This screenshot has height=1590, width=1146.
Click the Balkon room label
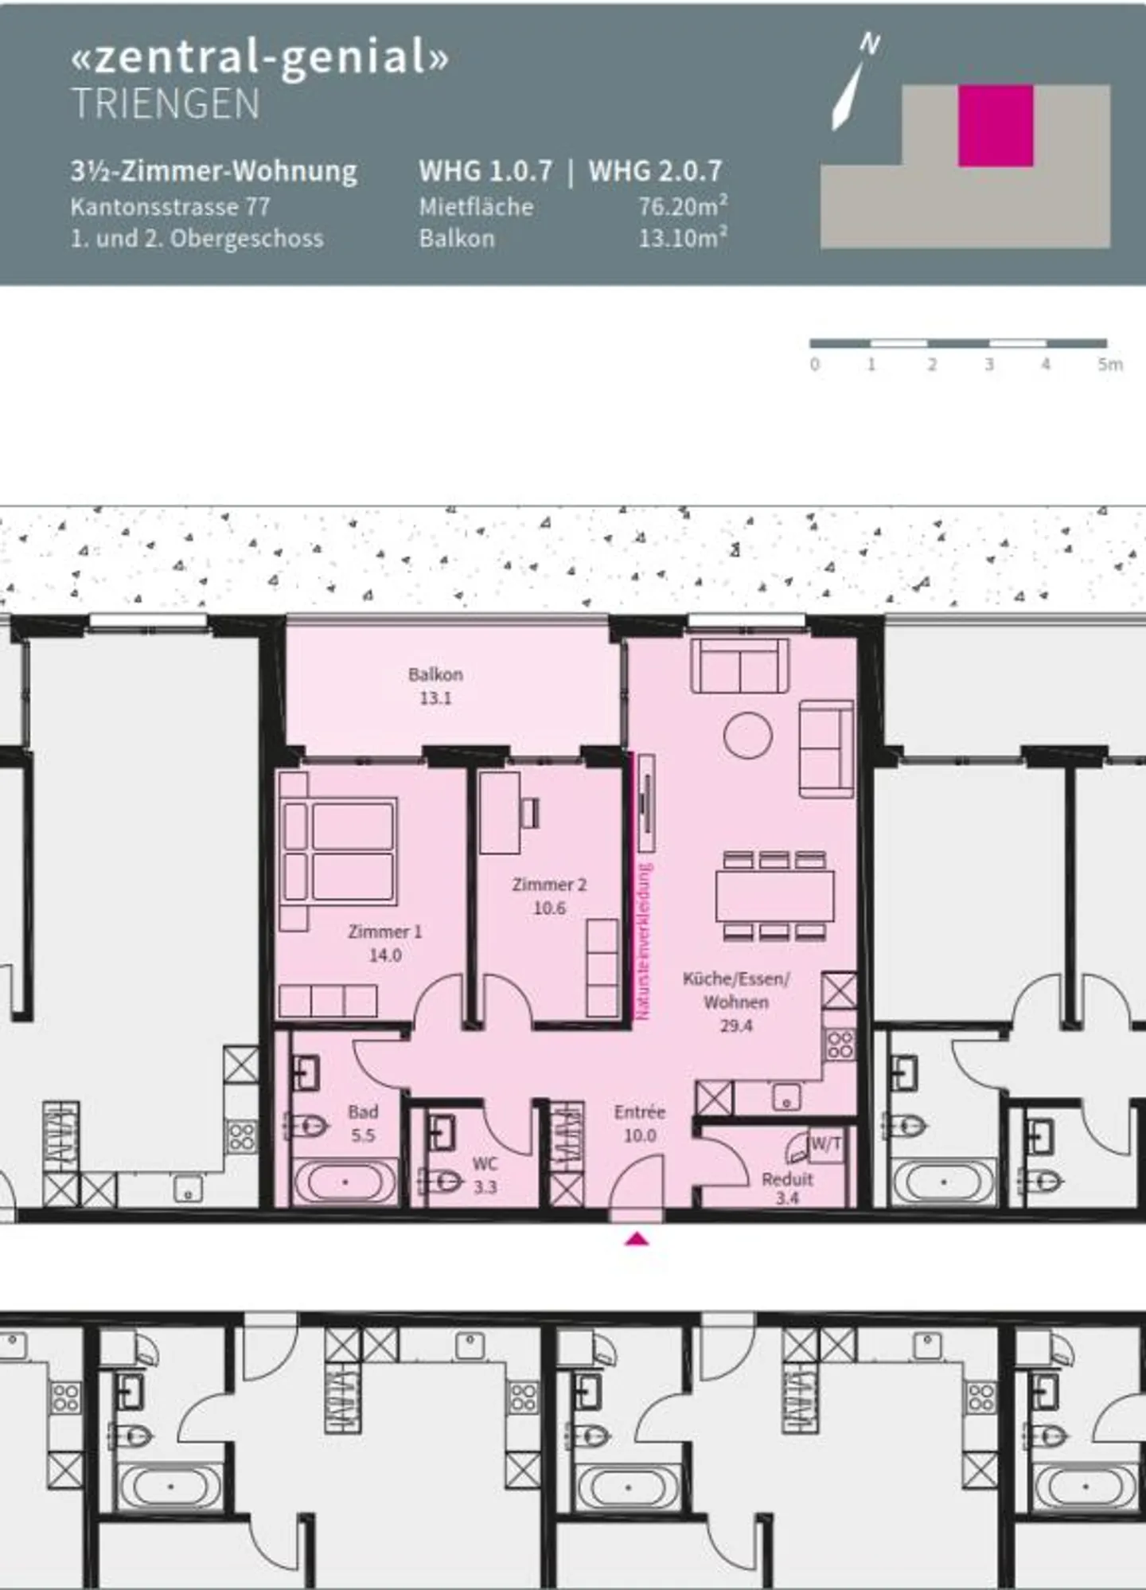[435, 674]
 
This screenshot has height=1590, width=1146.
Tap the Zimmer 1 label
[385, 932]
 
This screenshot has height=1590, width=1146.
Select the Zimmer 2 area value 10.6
[549, 908]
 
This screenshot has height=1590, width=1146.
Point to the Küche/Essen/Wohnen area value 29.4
[736, 1025]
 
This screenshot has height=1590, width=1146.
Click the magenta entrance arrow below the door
[637, 1239]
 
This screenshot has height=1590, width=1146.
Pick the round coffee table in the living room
[748, 735]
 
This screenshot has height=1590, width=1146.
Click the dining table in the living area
[775, 897]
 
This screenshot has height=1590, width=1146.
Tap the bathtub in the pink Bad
[345, 1182]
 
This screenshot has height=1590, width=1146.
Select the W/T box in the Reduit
[825, 1145]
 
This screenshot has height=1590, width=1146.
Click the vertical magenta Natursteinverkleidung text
[644, 941]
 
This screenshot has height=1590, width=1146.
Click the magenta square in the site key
[996, 126]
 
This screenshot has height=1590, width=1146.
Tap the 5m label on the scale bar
[1110, 365]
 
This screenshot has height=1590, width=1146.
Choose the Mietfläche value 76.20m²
[683, 206]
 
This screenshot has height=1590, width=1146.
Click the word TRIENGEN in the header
[166, 104]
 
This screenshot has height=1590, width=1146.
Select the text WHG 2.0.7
[655, 170]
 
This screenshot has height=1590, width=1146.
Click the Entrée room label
[640, 1111]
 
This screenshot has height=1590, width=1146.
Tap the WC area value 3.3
[485, 1187]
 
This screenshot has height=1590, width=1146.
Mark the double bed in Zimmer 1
[340, 852]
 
